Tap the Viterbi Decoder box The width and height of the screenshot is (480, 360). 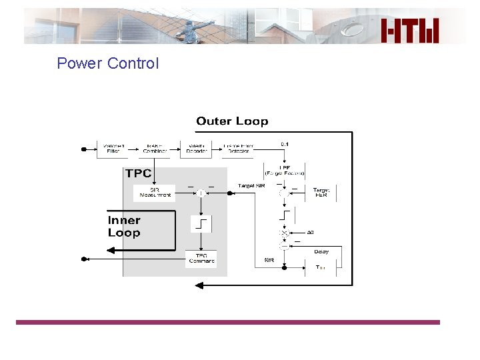click(197, 148)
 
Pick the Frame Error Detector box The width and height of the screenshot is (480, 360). click(237, 148)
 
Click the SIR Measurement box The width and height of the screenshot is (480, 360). click(155, 193)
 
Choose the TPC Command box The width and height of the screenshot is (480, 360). click(201, 259)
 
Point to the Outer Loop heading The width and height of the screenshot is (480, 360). click(232, 121)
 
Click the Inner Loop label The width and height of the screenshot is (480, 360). click(124, 227)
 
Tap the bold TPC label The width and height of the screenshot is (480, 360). click(138, 173)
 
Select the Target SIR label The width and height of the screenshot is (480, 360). click(251, 185)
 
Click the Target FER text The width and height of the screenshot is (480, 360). click(321, 193)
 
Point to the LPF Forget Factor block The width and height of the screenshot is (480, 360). click(284, 170)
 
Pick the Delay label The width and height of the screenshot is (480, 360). click(321, 252)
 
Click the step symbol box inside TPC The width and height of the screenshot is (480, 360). click(201, 223)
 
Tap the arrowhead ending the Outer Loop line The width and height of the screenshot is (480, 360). click(199, 285)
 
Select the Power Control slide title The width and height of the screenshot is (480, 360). click(108, 63)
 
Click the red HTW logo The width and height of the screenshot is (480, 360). click(411, 30)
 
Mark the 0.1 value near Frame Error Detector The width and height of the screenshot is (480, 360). click(285, 144)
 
